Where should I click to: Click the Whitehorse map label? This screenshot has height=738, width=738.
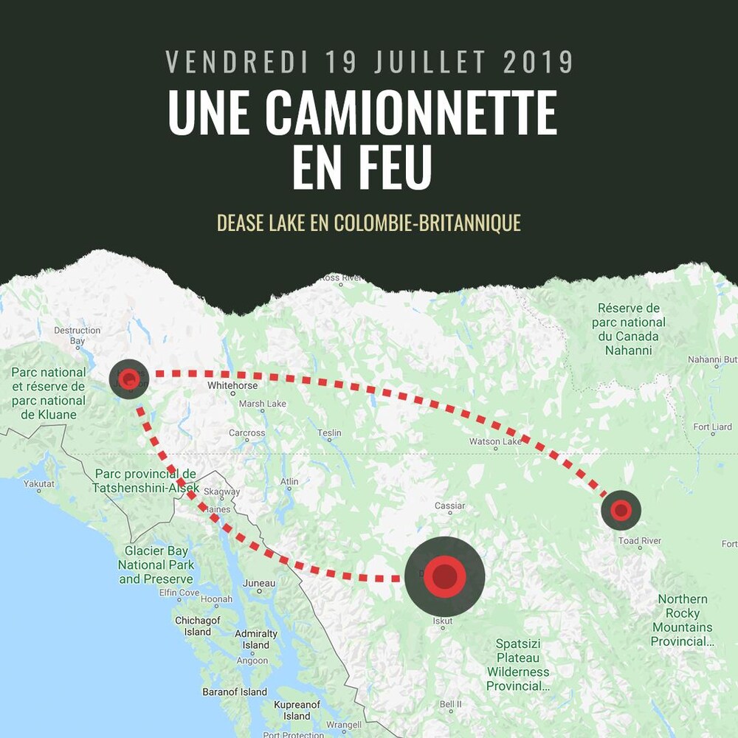pyautogui.click(x=232, y=385)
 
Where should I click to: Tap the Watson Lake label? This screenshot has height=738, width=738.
pyautogui.click(x=495, y=441)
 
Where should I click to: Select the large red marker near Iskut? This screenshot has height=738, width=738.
pyautogui.click(x=444, y=576)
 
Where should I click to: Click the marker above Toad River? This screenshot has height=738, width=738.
pyautogui.click(x=621, y=509)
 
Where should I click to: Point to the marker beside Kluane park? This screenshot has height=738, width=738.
pyautogui.click(x=129, y=379)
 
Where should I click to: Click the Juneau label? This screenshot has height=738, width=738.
pyautogui.click(x=259, y=583)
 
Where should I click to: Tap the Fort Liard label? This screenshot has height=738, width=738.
pyautogui.click(x=712, y=427)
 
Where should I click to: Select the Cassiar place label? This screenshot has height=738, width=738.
pyautogui.click(x=450, y=506)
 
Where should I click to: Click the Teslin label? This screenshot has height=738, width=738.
pyautogui.click(x=329, y=432)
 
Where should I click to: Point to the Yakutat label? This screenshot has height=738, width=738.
pyautogui.click(x=39, y=483)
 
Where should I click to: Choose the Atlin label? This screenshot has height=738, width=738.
pyautogui.click(x=289, y=481)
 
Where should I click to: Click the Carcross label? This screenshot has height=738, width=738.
pyautogui.click(x=246, y=432)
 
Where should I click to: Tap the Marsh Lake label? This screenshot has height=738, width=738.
pyautogui.click(x=262, y=404)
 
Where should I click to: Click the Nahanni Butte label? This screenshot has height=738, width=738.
pyautogui.click(x=713, y=359)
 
